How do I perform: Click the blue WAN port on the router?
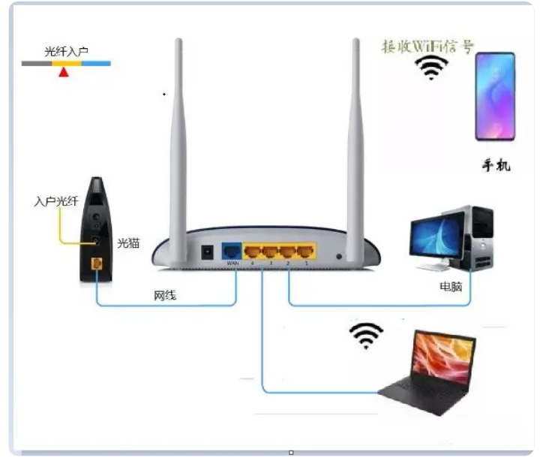coord(232,252)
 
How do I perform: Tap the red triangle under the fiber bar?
coord(64,72)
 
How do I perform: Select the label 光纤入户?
coord(66,52)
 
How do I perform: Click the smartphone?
coord(495,96)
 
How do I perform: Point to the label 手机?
coord(496,165)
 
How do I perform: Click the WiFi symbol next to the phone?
coord(431,68)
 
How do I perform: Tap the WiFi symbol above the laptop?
coord(366,336)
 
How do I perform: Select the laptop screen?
coord(443,357)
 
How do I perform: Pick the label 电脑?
coord(451,286)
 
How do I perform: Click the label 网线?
coord(165,295)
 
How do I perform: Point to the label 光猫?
coord(128,243)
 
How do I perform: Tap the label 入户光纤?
coord(56,201)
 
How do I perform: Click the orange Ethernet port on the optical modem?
coord(97,264)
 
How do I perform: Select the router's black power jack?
coord(207,252)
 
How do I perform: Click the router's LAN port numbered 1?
coord(305,252)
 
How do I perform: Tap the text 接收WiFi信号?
coord(427,47)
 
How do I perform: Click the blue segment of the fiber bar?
coord(96,64)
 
